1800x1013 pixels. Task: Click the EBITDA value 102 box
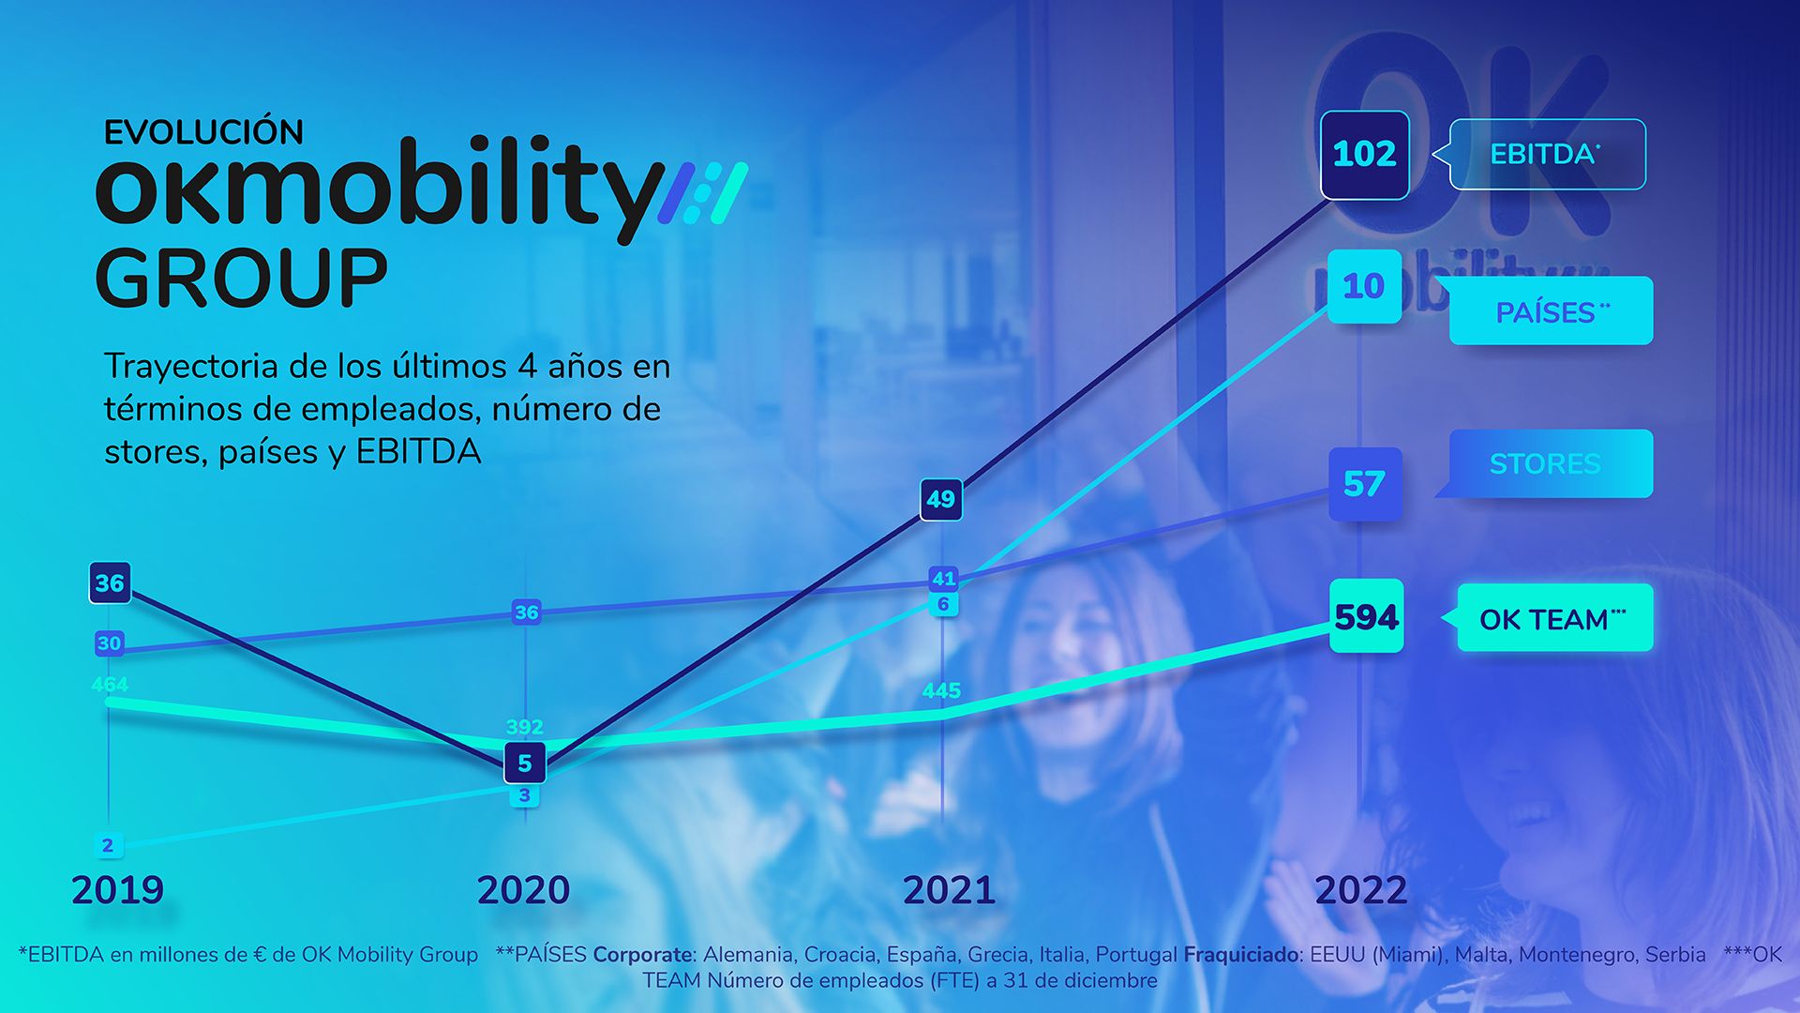1364,155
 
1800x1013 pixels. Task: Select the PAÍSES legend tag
1551,311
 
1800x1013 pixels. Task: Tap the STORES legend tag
1551,463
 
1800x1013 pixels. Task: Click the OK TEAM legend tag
1554,618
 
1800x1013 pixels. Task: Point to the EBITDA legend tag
1547,154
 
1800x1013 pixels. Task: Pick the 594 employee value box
1366,616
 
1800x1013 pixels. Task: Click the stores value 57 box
1364,484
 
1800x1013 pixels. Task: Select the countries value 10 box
1364,286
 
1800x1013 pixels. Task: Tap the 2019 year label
117,890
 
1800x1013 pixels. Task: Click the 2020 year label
523,890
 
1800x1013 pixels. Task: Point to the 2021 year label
949,890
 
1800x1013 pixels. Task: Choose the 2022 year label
1361,890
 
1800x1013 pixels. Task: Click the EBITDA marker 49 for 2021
940,499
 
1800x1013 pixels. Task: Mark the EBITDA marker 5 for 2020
524,764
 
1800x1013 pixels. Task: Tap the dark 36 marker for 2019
110,583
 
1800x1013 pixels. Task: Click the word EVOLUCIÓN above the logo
203,132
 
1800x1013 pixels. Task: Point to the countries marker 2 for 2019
108,845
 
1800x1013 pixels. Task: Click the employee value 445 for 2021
941,691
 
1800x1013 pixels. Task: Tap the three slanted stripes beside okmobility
703,193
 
